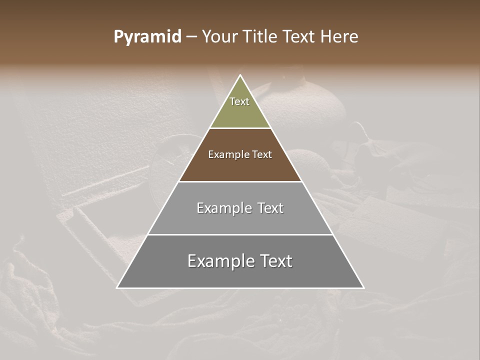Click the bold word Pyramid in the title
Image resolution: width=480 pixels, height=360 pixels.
pos(147,37)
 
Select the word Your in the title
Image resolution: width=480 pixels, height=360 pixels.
pos(218,37)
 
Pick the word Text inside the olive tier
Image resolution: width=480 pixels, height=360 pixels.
pos(239,101)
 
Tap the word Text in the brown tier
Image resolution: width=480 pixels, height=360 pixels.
pos(262,155)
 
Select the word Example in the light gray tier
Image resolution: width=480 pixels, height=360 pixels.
pos(223,208)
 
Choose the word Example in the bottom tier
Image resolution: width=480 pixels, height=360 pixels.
pos(219,261)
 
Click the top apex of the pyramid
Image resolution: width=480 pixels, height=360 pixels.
pos(240,75)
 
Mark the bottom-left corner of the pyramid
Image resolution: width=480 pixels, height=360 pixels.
pos(117,287)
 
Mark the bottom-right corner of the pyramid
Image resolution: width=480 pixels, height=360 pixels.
pos(363,287)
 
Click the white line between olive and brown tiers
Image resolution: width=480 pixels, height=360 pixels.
pos(240,128)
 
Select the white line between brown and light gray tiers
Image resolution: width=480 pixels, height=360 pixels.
pos(240,181)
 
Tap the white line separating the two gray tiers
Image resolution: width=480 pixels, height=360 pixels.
pos(240,234)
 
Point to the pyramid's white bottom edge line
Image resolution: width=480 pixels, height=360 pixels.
pos(240,288)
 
